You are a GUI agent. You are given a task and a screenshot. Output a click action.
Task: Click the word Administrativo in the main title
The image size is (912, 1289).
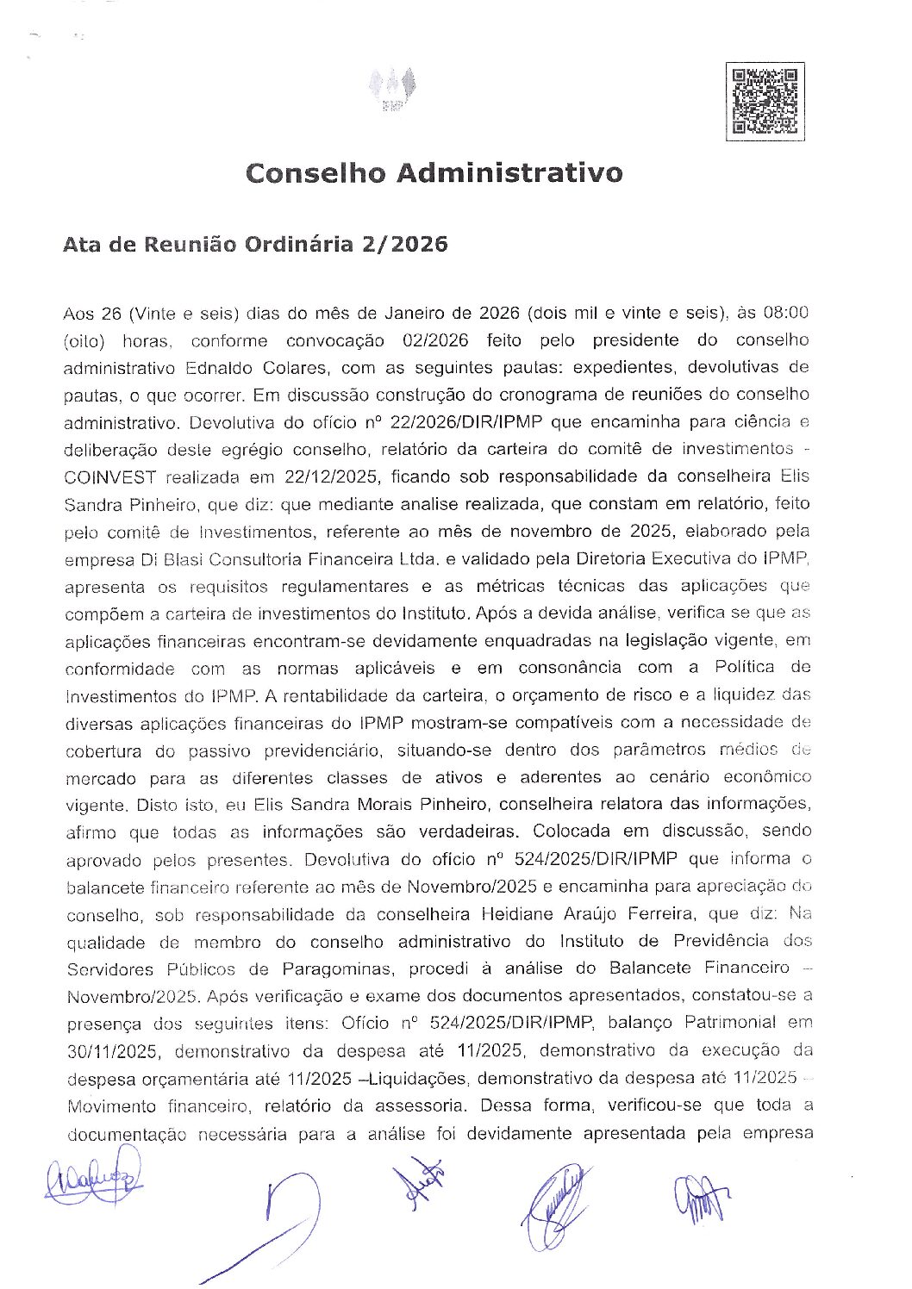(509, 173)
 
